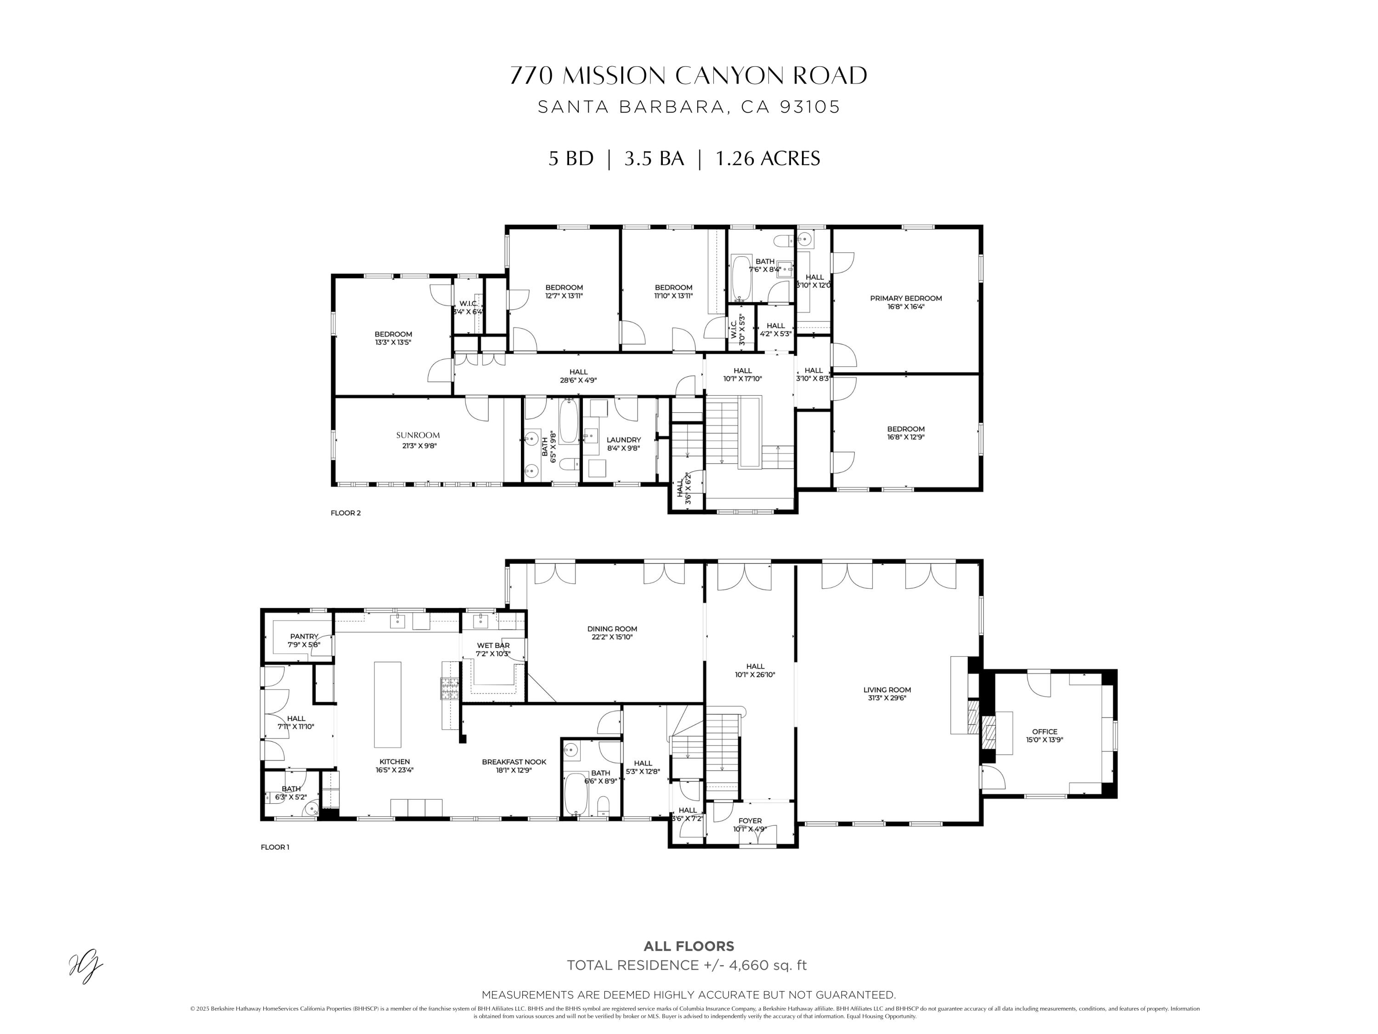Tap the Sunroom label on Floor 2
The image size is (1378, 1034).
(418, 435)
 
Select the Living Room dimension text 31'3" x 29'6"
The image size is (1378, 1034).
(887, 698)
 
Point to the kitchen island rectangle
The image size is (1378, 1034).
(388, 704)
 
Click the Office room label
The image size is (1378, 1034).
(1045, 732)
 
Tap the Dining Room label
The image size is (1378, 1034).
(612, 629)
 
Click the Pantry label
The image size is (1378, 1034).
(304, 636)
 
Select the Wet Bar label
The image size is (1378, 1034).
(493, 646)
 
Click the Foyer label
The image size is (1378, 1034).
(750, 821)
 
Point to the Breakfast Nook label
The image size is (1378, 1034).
(514, 761)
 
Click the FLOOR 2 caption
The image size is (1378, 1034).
(345, 513)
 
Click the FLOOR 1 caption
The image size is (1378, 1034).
(275, 847)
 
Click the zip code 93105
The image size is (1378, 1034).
(809, 107)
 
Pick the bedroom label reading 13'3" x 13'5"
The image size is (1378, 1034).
(393, 342)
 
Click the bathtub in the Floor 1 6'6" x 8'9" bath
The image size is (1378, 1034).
(576, 793)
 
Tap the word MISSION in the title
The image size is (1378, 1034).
(614, 75)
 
